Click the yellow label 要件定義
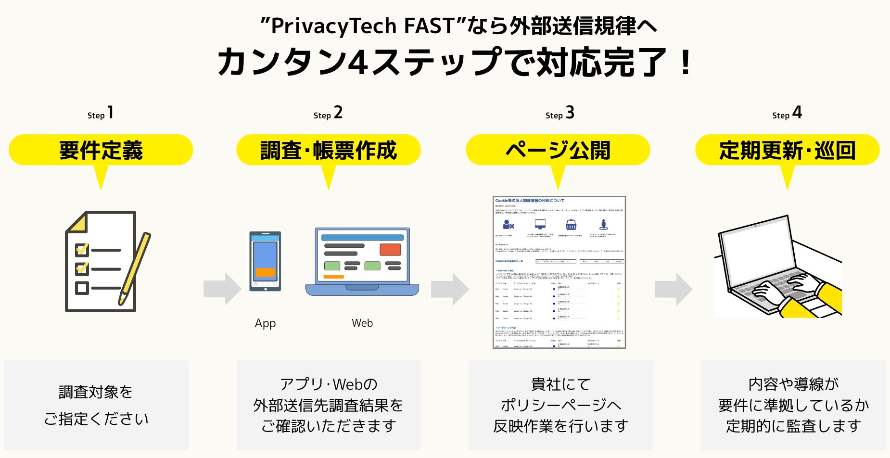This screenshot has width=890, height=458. pos(101,150)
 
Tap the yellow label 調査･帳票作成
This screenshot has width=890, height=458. pos(328,150)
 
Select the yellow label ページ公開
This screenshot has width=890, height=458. pos(558,150)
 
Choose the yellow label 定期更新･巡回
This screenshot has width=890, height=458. pos(787,150)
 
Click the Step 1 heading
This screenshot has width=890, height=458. pos(101,114)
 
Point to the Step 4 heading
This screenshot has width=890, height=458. pos(787,114)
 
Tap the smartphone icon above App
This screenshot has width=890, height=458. pos(265,261)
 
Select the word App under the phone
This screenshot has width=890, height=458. pos(265,323)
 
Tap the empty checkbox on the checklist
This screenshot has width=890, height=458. pos(82,288)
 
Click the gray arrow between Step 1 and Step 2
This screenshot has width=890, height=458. pos(222,289)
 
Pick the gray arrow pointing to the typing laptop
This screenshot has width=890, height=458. pos(673,289)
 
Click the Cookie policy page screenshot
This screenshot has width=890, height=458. pos(559,272)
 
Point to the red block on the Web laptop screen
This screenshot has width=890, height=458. pos(390,250)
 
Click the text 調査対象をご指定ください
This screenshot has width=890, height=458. pos(96,405)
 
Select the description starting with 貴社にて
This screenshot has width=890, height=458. pos(561,405)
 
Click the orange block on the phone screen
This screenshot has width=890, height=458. pos(265,272)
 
